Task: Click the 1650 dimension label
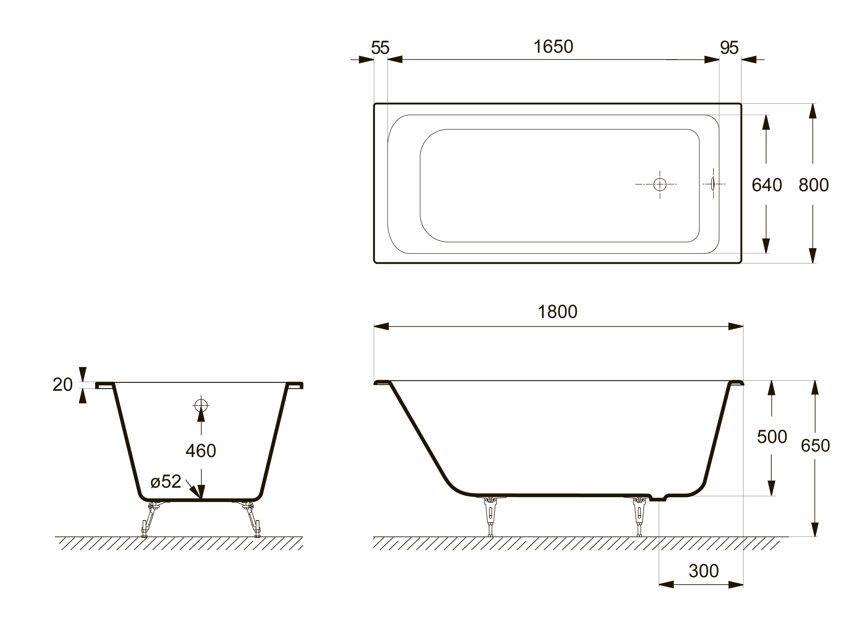553,47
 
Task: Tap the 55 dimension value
380,48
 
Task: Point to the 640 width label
767,185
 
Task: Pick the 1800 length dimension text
558,312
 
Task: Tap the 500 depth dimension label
772,437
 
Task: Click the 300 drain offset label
704,571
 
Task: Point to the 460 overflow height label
201,451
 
